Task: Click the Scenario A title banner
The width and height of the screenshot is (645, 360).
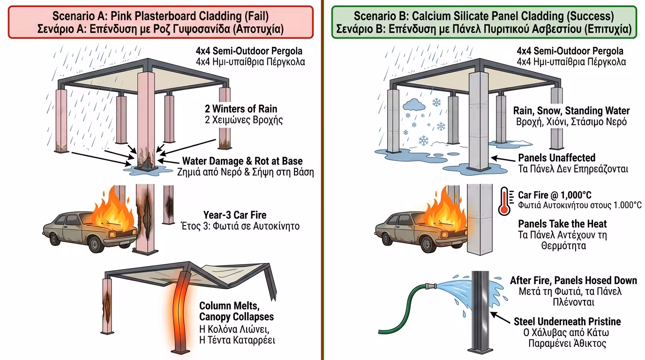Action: point(160,22)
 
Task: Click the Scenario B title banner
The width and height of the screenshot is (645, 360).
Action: point(483,22)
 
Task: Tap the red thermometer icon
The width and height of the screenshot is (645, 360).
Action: point(504,200)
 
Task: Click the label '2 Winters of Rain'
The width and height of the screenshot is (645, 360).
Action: point(241,109)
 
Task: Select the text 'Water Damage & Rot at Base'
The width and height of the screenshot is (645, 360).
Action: point(242,161)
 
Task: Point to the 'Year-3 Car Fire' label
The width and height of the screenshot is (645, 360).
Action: point(234,215)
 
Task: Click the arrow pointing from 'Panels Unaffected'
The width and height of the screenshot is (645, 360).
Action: point(502,160)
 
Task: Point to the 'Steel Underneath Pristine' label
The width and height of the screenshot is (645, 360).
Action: point(567,322)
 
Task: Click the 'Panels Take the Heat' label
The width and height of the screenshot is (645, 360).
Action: point(562,224)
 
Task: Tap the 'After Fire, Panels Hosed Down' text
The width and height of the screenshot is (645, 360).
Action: point(573,280)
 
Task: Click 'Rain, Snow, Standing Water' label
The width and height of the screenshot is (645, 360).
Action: point(571,111)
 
